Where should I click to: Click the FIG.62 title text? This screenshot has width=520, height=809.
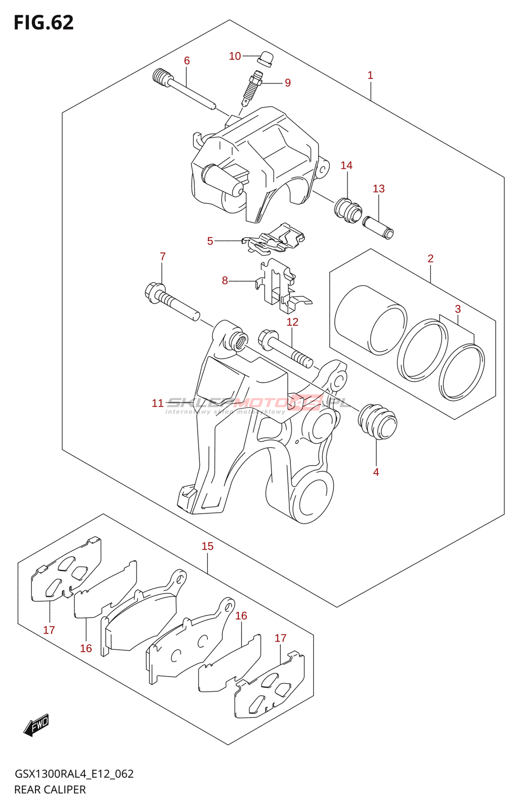tap(44, 23)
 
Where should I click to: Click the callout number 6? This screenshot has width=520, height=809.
tap(187, 61)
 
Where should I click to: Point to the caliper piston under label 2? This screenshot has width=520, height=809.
tap(371, 320)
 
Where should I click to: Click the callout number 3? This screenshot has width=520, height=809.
tap(458, 309)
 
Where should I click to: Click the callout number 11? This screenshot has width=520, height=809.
tap(158, 403)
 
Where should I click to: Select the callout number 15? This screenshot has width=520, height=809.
tap(207, 546)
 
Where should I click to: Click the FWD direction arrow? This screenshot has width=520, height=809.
tap(36, 726)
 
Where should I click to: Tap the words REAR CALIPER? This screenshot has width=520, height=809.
tap(50, 790)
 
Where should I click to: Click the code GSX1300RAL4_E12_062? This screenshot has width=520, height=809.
tap(74, 774)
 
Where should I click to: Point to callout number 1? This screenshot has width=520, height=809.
tap(370, 75)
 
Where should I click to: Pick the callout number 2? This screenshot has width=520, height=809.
tap(430, 258)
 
